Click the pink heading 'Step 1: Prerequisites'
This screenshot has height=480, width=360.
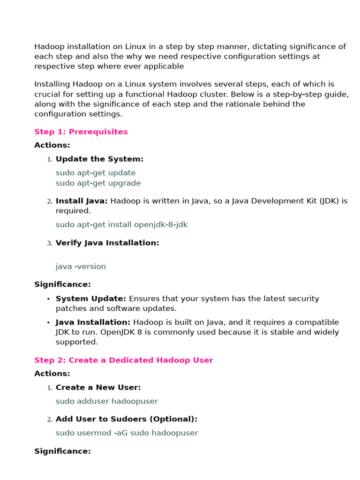pos(81,132)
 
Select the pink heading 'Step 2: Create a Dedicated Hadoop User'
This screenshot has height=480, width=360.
pos(123,360)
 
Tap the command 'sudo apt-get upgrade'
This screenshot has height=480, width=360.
pos(98,183)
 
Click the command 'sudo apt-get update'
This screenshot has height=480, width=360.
pos(96,172)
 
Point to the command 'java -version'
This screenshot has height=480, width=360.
pos(81,266)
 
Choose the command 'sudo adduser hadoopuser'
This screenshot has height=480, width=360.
pos(106,401)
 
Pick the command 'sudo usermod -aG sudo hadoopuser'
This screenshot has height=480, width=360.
pos(127,433)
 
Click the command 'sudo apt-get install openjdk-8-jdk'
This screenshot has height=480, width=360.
pos(121,225)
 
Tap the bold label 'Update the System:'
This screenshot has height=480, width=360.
pos(99,159)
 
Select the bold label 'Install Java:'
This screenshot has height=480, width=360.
pos(82,201)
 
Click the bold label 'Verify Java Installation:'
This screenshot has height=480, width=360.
pos(107,243)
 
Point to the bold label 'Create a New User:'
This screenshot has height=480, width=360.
pos(98,387)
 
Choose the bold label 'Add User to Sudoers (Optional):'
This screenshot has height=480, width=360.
pos(127,419)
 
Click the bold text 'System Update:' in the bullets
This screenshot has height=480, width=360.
pos(90,299)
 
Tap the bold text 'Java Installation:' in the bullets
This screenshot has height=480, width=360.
pos(93,322)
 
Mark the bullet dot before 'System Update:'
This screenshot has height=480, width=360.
pos(48,299)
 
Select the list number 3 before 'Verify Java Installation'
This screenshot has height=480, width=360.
pos(49,243)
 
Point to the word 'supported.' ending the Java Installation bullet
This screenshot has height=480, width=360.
pos(77,342)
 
